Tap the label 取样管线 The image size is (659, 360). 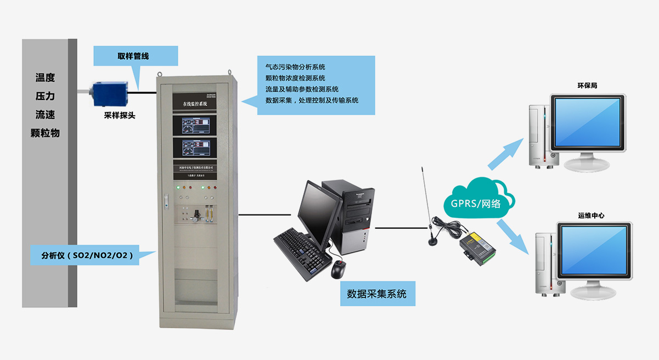(133, 56)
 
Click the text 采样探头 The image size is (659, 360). (120, 116)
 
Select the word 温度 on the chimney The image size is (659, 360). (45, 78)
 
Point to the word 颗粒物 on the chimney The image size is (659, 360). (45, 133)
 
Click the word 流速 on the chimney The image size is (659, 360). (45, 115)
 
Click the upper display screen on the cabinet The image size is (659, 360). (195, 125)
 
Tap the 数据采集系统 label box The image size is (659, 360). (377, 294)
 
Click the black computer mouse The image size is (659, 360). (339, 269)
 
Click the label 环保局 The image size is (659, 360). (587, 86)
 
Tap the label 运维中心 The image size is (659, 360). (591, 216)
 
